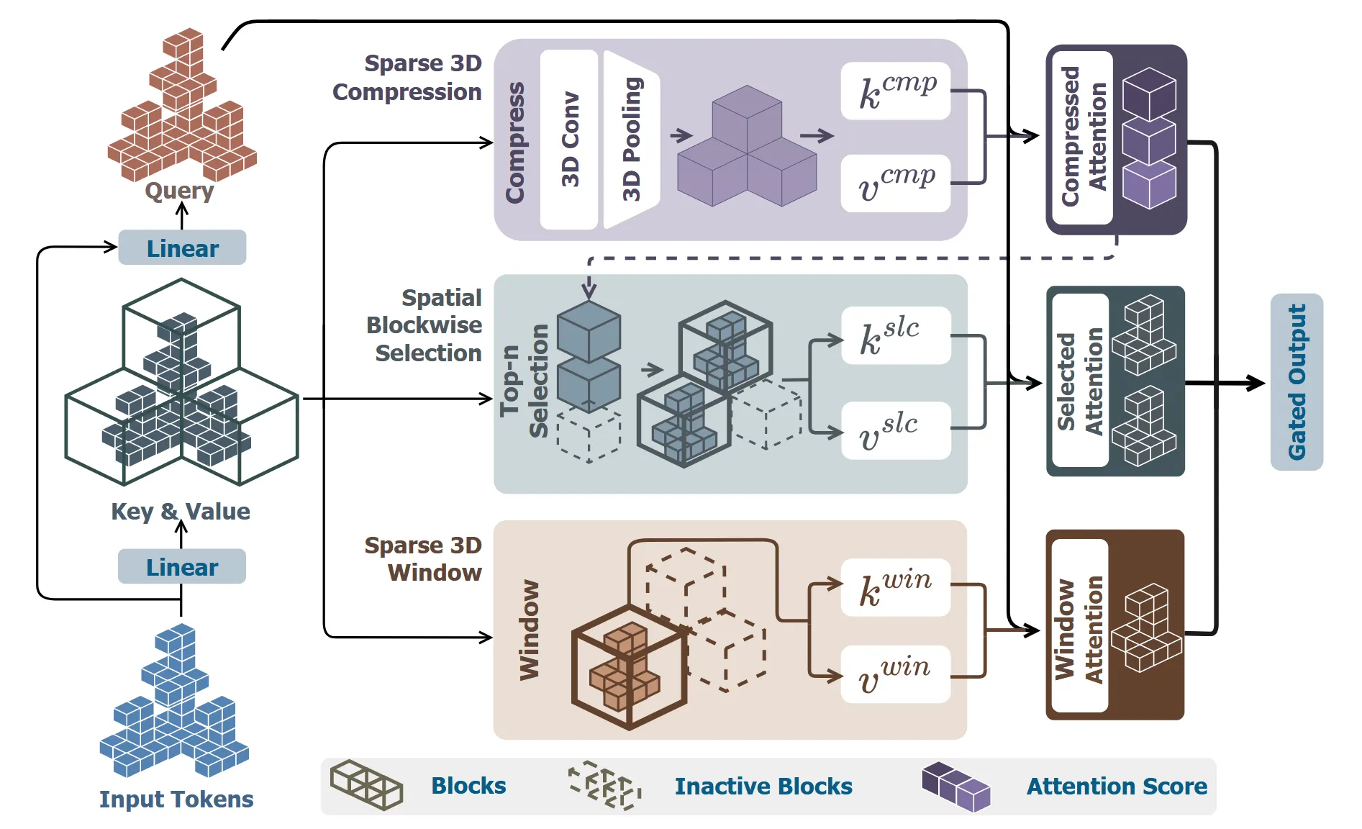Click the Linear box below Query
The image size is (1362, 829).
coord(182,248)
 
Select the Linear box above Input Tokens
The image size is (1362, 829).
coord(182,566)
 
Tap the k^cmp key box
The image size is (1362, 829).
coord(896,91)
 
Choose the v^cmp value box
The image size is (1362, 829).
coord(896,184)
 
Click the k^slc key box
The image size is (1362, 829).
coord(896,335)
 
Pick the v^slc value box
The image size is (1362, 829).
coord(896,430)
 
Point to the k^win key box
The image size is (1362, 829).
coord(896,587)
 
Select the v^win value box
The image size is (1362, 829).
coord(896,674)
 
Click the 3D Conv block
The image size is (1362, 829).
coord(569,140)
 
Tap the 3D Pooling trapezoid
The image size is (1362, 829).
coord(631,140)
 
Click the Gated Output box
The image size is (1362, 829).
coord(1297,382)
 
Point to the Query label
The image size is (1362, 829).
coord(179,191)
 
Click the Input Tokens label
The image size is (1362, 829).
coord(176,799)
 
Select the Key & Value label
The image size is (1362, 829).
coord(181,511)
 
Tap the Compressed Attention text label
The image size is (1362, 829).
coord(1083,137)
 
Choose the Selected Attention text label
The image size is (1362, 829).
coord(1079,381)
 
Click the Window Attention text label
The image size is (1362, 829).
coord(1079,629)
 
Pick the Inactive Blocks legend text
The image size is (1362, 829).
coord(763,786)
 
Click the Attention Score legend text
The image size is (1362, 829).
coord(1117,786)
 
